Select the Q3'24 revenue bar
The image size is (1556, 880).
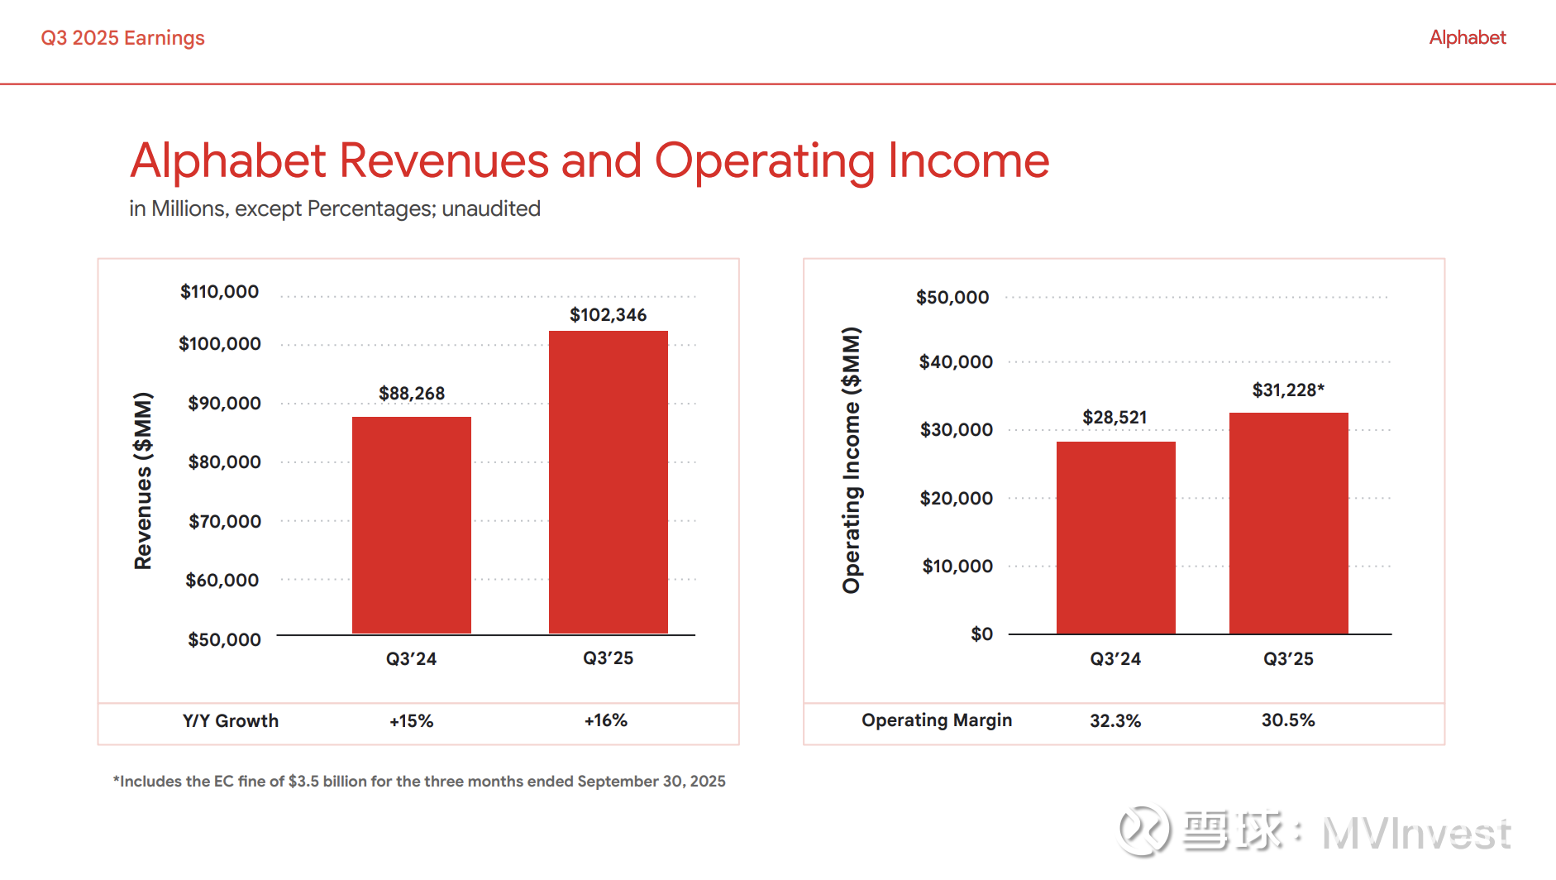tap(411, 525)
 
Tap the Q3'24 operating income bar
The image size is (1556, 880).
tap(1115, 538)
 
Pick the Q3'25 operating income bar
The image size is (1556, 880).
tap(1288, 523)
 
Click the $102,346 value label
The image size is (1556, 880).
tap(608, 315)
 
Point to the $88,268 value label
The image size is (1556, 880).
tap(412, 394)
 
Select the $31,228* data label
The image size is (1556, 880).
tap(1288, 390)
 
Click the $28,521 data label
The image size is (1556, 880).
tap(1114, 418)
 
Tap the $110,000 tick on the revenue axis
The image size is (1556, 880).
tap(219, 292)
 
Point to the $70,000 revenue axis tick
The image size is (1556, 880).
tap(224, 522)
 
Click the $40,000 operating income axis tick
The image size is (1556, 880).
tap(956, 362)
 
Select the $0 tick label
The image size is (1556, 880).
tap(981, 634)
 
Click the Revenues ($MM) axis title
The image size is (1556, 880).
tap(143, 481)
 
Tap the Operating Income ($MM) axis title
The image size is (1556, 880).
tap(852, 460)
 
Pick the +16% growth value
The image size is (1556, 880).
tap(606, 721)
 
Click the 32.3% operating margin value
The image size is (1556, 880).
tap(1114, 721)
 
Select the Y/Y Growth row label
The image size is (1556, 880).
tap(231, 721)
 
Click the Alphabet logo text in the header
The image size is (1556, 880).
tap(1468, 38)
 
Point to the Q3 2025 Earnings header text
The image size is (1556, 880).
tap(122, 38)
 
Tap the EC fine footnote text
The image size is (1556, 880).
tap(419, 782)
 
